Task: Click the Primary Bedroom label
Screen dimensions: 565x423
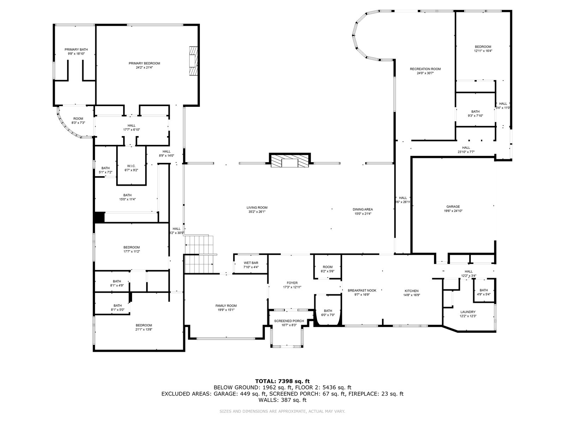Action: (x=144, y=63)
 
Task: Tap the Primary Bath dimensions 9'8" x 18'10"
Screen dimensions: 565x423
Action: (x=76, y=54)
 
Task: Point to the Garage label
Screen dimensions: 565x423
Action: (x=453, y=207)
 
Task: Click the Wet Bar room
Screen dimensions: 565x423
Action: (x=251, y=265)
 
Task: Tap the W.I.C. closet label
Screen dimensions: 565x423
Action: (x=131, y=166)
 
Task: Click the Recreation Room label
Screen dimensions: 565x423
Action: (x=425, y=69)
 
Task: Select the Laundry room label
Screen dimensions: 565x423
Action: (x=468, y=312)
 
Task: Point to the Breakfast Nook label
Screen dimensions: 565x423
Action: (x=362, y=290)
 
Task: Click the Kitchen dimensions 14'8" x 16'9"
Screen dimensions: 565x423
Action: (x=412, y=295)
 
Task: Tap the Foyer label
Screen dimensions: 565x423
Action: (x=292, y=283)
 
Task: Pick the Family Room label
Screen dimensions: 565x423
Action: (x=226, y=306)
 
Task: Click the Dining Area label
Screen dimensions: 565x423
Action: (x=363, y=209)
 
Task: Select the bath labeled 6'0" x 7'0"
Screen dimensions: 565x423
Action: (x=328, y=313)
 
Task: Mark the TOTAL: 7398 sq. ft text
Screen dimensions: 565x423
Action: (x=282, y=381)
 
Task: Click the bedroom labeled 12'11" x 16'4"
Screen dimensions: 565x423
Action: (x=483, y=49)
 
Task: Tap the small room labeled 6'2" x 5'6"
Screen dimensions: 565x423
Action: (x=328, y=269)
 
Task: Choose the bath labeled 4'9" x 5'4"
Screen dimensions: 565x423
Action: (x=483, y=292)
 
